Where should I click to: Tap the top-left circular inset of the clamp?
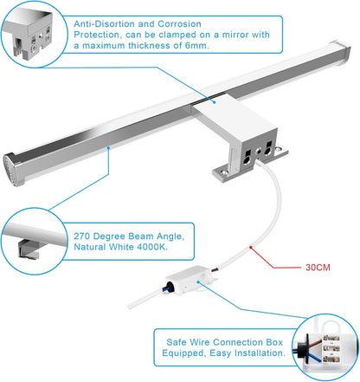point(34,32)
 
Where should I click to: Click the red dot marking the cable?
point(251,249)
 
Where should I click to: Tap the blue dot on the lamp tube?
point(108,148)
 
